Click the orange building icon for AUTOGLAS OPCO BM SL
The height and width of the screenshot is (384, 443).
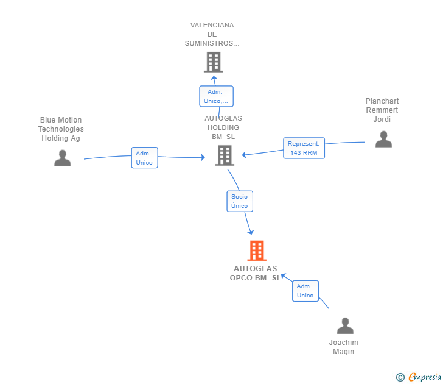point(257,251)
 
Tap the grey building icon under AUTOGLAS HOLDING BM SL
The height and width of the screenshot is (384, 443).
point(225,155)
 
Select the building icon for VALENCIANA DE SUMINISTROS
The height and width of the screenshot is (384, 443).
point(214,62)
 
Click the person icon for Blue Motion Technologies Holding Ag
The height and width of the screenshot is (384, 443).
point(63,158)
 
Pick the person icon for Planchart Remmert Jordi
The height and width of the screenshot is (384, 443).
point(383,139)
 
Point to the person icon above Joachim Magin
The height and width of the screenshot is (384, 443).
point(345,325)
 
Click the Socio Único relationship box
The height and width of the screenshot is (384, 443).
point(240,201)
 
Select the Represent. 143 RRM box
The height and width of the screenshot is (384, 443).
point(304,148)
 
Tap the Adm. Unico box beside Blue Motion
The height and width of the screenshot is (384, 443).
point(145,158)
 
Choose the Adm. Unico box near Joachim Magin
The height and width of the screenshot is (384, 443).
point(305,291)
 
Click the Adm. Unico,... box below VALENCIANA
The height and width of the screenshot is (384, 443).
point(217,96)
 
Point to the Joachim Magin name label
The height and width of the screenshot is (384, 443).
point(344,347)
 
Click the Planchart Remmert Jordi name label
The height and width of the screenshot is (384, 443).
point(382,110)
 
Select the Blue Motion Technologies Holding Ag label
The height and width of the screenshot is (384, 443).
point(61,129)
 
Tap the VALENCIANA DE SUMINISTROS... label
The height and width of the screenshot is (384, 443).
point(212,34)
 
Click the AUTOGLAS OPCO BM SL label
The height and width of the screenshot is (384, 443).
point(256,273)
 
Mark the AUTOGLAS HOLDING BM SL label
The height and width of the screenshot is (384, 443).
point(223,127)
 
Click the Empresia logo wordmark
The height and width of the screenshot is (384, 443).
point(425,377)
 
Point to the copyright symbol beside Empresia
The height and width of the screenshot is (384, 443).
point(400,377)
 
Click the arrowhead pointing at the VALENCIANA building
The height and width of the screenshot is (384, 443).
point(214,78)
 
